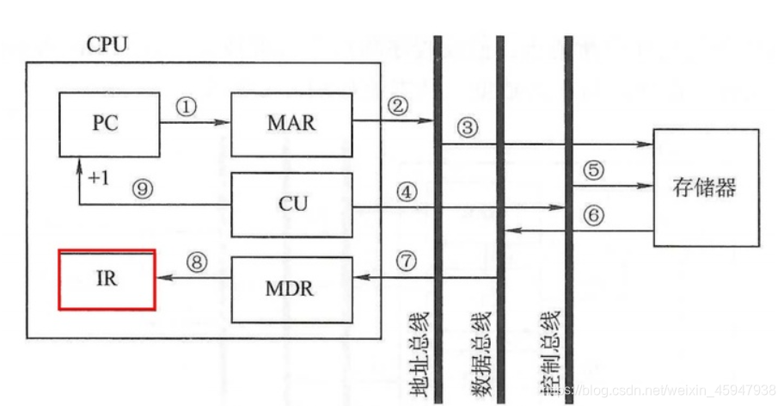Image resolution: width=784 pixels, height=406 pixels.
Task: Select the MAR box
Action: [x=291, y=123]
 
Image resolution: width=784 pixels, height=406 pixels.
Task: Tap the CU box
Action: [x=291, y=205]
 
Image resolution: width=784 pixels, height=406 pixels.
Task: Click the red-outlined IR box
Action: [x=107, y=280]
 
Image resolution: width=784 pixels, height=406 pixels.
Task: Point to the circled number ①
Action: [x=186, y=106]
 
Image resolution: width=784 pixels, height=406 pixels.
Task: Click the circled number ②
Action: [x=397, y=106]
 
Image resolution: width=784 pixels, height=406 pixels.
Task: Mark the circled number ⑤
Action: [x=593, y=169]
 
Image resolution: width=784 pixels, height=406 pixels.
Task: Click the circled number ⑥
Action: [x=593, y=215]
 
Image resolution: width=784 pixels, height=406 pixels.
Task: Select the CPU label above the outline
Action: [x=107, y=44]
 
